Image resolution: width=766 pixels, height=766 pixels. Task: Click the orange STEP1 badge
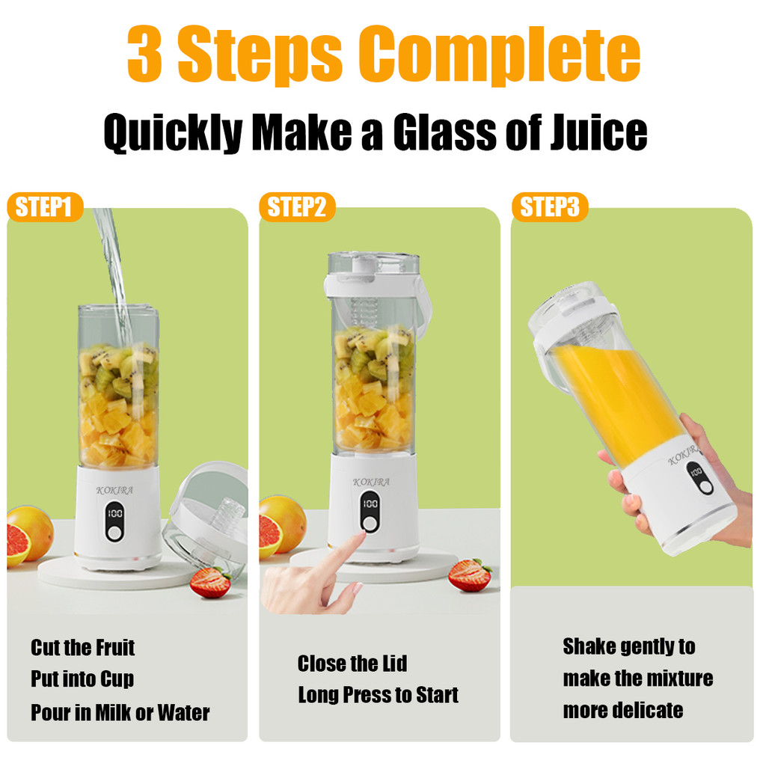point(45,207)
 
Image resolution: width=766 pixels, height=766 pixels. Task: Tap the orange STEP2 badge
point(297,207)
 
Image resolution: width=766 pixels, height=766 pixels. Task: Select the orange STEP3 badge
point(550,207)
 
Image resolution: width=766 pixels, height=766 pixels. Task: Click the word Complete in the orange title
point(499,55)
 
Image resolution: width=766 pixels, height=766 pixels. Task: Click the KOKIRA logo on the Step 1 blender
point(114,491)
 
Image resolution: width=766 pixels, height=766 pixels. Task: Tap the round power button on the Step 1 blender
point(114,533)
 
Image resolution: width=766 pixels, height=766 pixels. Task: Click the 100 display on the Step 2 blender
point(370,503)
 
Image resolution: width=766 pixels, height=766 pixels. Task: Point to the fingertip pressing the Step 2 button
point(361,536)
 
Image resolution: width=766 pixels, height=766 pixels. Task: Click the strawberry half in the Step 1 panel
point(210,583)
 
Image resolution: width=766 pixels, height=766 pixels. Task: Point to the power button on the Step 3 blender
point(705,487)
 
